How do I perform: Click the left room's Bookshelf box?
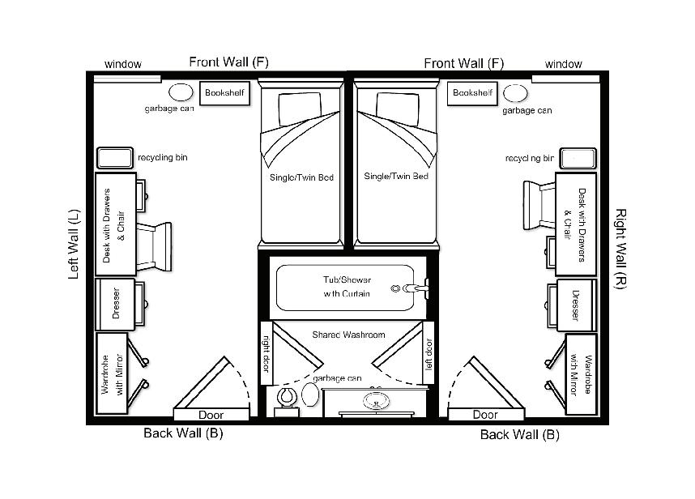pyautogui.click(x=223, y=93)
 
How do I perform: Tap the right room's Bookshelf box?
pyautogui.click(x=472, y=93)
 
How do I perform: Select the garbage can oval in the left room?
pyautogui.click(x=181, y=92)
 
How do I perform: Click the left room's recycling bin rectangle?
pyautogui.click(x=115, y=158)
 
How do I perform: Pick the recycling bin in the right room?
pyautogui.click(x=578, y=158)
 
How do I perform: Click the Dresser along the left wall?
pyautogui.click(x=116, y=304)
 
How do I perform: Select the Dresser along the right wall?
pyautogui.click(x=576, y=304)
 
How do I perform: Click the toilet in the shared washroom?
pyautogui.click(x=286, y=399)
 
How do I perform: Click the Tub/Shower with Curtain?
pyautogui.click(x=347, y=287)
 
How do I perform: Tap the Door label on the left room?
pyautogui.click(x=211, y=415)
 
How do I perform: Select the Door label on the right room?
pyautogui.click(x=485, y=415)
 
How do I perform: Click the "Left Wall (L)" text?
pyautogui.click(x=74, y=244)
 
